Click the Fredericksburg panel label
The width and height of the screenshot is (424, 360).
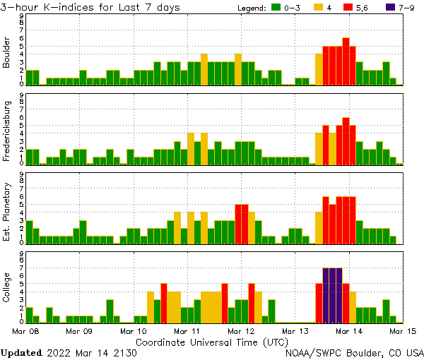click(x=7, y=131)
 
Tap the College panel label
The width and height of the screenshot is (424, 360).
click(x=7, y=289)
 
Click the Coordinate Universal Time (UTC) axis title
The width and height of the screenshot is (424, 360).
click(x=212, y=341)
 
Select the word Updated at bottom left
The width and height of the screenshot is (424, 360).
click(x=21, y=352)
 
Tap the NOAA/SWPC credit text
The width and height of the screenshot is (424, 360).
click(x=353, y=352)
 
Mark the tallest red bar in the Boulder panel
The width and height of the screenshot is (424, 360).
click(x=346, y=61)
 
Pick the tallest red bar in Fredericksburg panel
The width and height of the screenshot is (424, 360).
click(x=346, y=140)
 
